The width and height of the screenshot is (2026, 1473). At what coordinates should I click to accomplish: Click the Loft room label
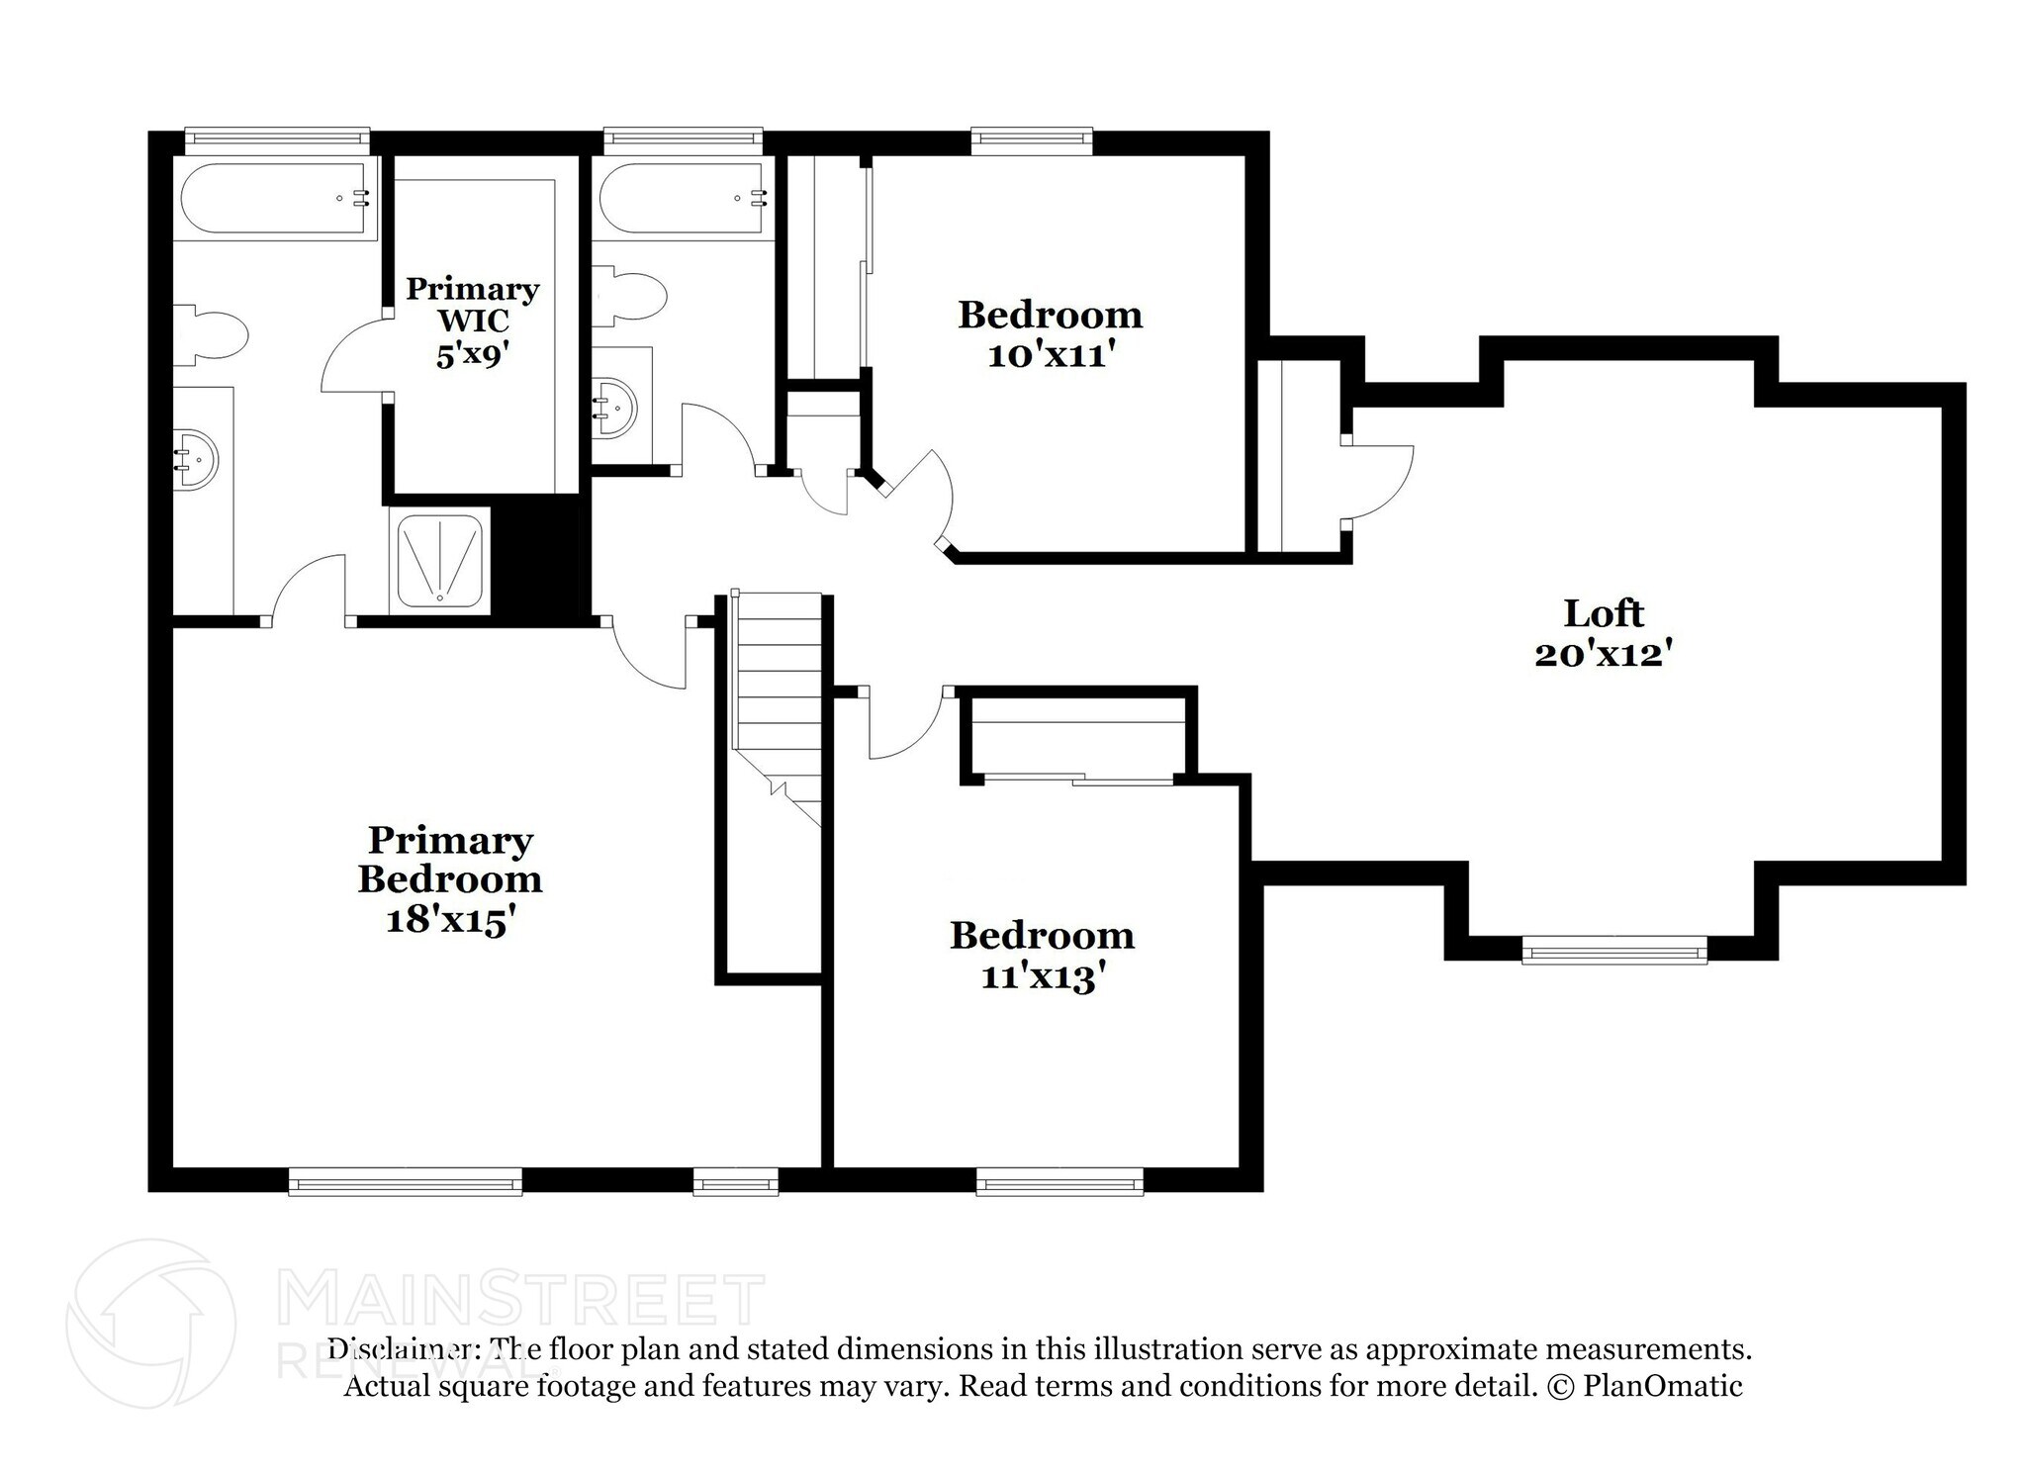click(1603, 613)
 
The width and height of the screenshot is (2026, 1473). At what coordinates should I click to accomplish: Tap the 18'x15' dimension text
click(450, 920)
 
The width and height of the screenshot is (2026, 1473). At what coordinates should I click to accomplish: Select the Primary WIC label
click(473, 304)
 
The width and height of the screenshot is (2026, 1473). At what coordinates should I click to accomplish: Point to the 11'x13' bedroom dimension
click(1042, 977)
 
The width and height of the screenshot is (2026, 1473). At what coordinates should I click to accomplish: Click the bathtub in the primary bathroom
click(277, 198)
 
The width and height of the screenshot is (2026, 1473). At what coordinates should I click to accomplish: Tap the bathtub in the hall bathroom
click(683, 198)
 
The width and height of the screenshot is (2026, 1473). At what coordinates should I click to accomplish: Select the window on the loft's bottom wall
click(1614, 954)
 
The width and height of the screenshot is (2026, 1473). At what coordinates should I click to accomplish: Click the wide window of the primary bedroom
click(406, 1181)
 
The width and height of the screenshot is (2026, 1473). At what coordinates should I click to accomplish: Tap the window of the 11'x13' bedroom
click(1059, 1181)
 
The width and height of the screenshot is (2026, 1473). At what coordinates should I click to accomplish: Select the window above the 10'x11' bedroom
click(1032, 141)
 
